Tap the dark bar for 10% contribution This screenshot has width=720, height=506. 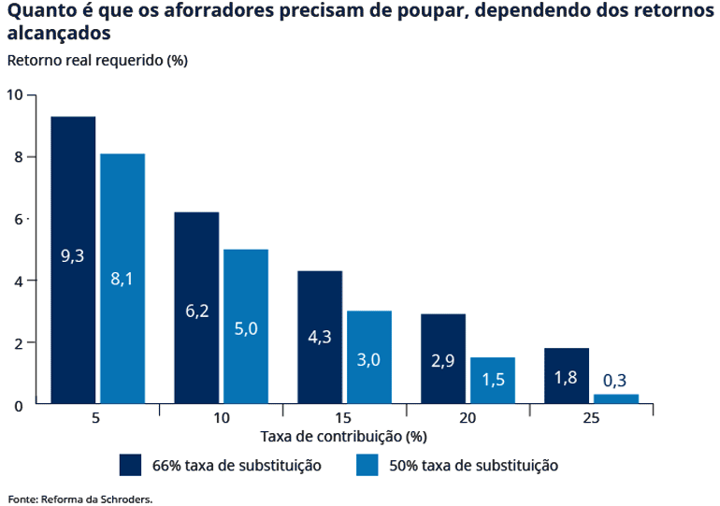[x=196, y=308]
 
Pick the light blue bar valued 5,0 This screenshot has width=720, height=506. [x=246, y=326]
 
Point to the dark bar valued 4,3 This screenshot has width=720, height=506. [x=320, y=337]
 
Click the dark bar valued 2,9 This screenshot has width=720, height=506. [x=443, y=359]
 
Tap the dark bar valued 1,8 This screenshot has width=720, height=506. [x=567, y=376]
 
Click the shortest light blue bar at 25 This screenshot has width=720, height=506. [x=616, y=399]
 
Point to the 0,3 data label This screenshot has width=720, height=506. [x=615, y=381]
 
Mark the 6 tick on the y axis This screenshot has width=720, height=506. [x=18, y=219]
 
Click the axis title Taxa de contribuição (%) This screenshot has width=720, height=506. [x=343, y=437]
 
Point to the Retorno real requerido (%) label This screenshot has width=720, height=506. [x=97, y=61]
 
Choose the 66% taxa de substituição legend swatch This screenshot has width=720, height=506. [x=131, y=465]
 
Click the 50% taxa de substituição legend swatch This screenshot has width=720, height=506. [x=367, y=465]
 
